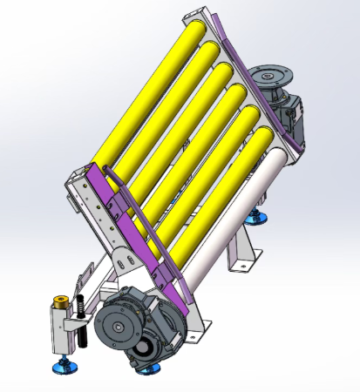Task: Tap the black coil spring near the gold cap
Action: coord(79,307)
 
